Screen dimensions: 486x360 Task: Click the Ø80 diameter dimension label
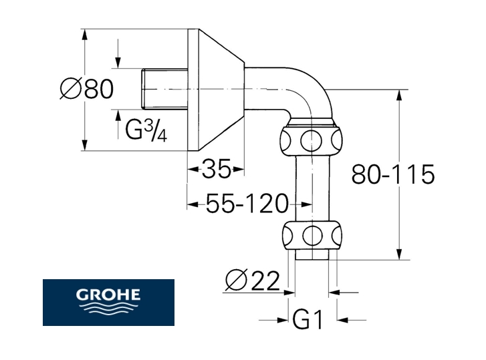(87, 89)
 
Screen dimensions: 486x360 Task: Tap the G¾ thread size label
(146, 130)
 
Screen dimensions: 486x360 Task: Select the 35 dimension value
(217, 169)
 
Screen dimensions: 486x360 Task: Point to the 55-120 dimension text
(247, 203)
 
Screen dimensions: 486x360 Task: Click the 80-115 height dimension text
(393, 174)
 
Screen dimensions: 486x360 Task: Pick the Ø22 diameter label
(252, 281)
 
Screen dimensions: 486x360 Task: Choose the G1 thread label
(308, 319)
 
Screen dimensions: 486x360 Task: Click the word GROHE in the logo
(108, 295)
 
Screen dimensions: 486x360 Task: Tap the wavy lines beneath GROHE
(108, 309)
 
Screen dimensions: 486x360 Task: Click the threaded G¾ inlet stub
(164, 89)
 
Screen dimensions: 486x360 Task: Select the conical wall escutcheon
(216, 89)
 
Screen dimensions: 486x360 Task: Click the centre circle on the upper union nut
(311, 140)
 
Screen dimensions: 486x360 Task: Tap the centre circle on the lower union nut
(312, 236)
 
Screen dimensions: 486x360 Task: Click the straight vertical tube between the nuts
(312, 189)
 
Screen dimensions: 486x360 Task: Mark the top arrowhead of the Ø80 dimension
(84, 35)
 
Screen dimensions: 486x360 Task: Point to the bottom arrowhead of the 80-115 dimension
(399, 254)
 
